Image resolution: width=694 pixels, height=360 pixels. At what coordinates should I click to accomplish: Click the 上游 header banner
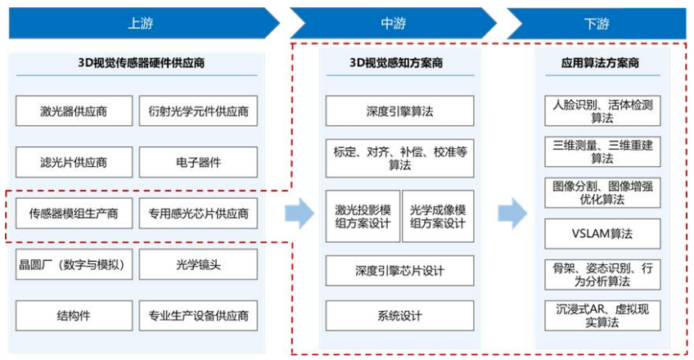139,23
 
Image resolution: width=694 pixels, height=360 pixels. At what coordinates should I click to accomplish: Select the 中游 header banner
393,23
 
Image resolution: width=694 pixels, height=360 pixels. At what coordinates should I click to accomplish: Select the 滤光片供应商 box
74,162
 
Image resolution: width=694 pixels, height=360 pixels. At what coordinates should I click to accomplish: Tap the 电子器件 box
198,162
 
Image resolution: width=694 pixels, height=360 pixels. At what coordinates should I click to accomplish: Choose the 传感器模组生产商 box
74,214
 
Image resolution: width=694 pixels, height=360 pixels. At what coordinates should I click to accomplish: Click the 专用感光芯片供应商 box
198,214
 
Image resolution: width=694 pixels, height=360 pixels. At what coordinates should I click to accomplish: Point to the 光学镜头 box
198,264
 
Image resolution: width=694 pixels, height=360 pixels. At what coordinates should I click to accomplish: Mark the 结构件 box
74,315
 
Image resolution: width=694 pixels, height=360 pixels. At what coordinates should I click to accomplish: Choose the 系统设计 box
399,315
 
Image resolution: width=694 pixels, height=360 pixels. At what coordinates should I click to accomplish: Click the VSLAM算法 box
602,233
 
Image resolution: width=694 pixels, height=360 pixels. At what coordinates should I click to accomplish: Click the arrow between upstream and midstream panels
300,214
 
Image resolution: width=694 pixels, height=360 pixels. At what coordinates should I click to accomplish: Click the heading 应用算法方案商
602,63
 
